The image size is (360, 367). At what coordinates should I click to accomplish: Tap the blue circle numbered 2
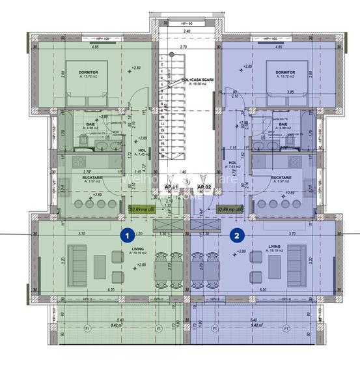click(x=237, y=235)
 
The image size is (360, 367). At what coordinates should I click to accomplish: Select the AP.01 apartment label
click(x=172, y=188)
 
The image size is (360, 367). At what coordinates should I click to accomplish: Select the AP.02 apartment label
click(x=204, y=188)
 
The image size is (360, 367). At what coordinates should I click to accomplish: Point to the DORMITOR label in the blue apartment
click(x=285, y=72)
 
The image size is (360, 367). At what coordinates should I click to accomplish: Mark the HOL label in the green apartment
click(x=142, y=149)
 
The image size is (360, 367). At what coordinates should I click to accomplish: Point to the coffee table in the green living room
click(x=100, y=265)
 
